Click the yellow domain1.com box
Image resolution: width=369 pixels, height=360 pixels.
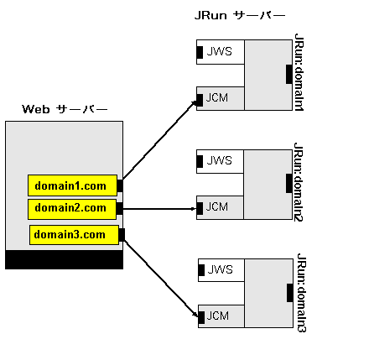click(72, 185)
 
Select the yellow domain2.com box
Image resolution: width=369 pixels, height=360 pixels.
click(72, 209)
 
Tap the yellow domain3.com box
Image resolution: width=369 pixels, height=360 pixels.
click(74, 235)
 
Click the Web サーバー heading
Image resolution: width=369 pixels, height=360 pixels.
click(65, 109)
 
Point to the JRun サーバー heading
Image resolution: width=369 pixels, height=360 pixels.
click(240, 15)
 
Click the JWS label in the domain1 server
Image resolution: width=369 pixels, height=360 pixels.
click(220, 51)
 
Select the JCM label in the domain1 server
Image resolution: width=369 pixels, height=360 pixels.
click(217, 97)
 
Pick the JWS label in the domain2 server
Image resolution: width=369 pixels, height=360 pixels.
click(220, 160)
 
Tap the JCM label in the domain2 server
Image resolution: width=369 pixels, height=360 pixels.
click(217, 206)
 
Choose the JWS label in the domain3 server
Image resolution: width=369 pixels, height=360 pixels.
click(221, 269)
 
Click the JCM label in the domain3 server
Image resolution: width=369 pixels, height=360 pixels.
click(218, 316)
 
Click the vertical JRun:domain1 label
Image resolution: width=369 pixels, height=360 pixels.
click(299, 72)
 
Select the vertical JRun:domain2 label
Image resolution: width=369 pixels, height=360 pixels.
click(299, 182)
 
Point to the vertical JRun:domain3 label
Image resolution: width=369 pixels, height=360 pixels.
click(301, 293)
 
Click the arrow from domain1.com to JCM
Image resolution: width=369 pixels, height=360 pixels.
click(160, 140)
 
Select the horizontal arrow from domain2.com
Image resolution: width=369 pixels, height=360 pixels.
click(159, 209)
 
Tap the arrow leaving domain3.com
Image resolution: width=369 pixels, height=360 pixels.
click(161, 278)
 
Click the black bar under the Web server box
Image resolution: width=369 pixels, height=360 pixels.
click(64, 259)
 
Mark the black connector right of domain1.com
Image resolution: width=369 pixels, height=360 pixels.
click(120, 185)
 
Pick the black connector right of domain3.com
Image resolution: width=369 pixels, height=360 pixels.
click(122, 235)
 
